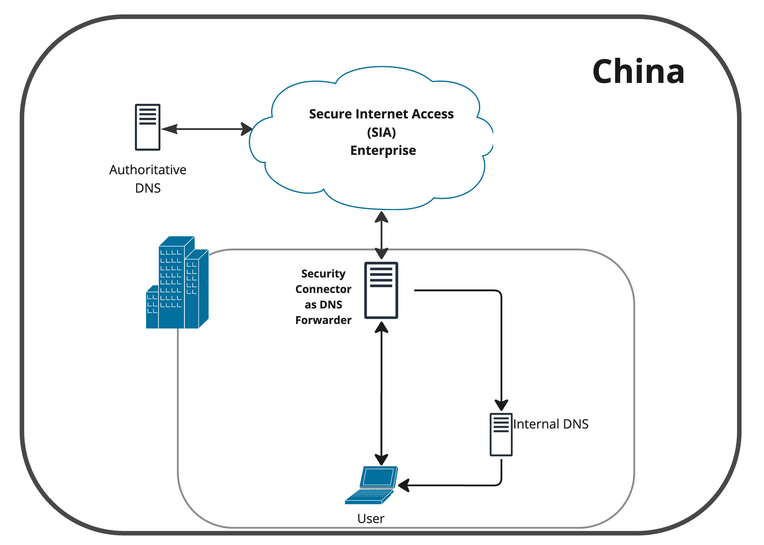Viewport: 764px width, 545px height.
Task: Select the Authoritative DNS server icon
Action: click(x=148, y=127)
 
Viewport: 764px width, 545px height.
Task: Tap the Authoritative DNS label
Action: click(x=148, y=179)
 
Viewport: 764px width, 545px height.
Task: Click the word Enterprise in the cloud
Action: click(x=383, y=150)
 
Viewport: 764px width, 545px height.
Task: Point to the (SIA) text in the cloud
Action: click(x=381, y=132)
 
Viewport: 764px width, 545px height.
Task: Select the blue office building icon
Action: click(x=178, y=283)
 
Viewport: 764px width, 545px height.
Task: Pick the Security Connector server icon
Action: click(x=381, y=290)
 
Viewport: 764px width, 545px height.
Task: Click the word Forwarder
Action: click(x=323, y=320)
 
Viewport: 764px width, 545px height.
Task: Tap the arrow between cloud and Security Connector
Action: click(x=382, y=235)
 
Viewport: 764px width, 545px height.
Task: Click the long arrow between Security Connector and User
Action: click(x=381, y=393)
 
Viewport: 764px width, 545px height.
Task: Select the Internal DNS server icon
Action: click(x=501, y=435)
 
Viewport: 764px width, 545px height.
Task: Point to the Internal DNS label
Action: click(x=551, y=424)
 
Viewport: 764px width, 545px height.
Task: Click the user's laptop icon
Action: click(x=372, y=485)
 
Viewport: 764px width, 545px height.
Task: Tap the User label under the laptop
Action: click(x=371, y=519)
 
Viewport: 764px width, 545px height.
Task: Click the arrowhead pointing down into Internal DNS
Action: click(x=501, y=405)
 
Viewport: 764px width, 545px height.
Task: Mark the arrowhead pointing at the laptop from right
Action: click(x=403, y=486)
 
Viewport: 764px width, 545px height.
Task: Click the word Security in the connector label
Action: click(x=323, y=274)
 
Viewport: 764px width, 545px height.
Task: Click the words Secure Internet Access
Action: click(x=381, y=114)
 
